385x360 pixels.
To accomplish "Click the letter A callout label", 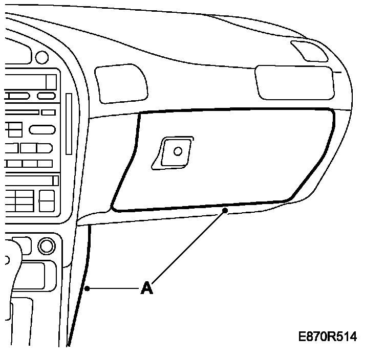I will click(147, 288).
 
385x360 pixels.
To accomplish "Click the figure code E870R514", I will click(328, 337).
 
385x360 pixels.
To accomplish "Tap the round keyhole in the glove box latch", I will click(178, 151).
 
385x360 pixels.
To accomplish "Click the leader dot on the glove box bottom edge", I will click(225, 210).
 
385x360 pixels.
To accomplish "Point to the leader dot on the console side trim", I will click(88, 289).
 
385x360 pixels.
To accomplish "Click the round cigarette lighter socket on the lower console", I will click(46, 246).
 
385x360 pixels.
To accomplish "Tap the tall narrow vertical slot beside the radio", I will click(68, 123).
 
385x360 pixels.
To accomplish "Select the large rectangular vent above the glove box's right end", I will click(294, 82).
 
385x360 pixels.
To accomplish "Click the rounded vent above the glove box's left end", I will click(121, 83).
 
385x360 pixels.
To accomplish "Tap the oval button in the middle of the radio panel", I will click(42, 129).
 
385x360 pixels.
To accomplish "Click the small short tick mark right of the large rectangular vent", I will click(337, 72).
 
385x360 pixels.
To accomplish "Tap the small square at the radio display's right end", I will click(51, 82).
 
